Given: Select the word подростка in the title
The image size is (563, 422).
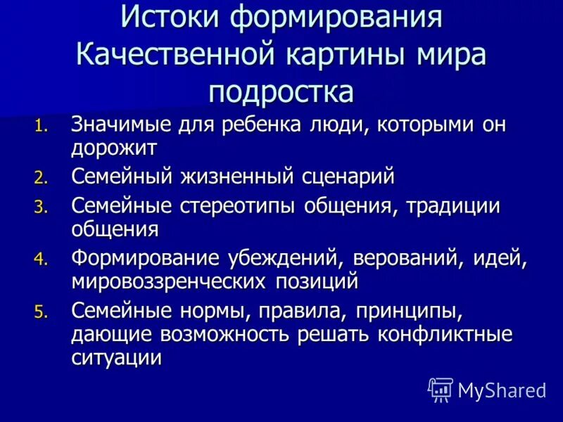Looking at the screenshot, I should [x=281, y=91].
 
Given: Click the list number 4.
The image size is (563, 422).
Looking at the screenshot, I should [x=42, y=260].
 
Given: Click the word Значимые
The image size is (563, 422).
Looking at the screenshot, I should [x=117, y=126].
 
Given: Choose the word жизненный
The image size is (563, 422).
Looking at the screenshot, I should [x=228, y=176].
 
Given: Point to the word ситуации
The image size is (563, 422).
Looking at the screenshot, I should [x=117, y=356].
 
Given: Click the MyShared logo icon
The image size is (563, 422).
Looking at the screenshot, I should [x=441, y=389].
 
